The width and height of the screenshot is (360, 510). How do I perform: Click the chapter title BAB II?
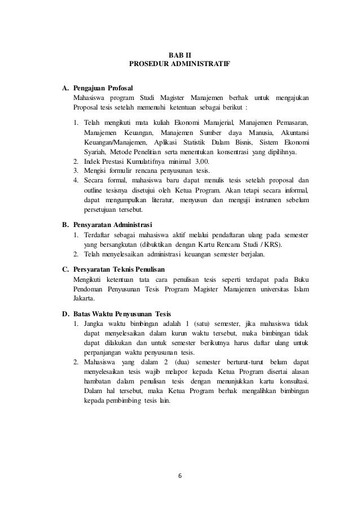(x=180, y=54)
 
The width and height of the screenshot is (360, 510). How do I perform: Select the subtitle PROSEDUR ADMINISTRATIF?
(x=179, y=64)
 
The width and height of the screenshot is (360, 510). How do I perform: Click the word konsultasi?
(x=295, y=380)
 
